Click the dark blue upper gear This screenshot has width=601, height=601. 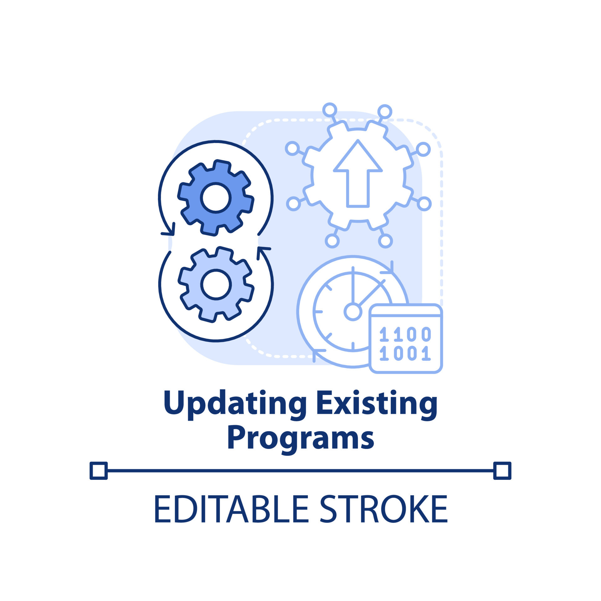(x=216, y=198)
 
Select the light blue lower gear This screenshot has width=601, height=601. (x=216, y=284)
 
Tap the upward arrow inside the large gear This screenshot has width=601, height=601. (x=358, y=173)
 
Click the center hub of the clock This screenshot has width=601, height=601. (x=353, y=312)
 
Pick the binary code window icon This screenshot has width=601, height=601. (x=406, y=338)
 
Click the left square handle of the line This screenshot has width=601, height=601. (x=99, y=470)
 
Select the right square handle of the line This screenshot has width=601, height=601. (x=502, y=470)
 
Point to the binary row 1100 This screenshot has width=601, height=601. (x=405, y=334)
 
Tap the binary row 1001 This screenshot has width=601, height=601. (x=405, y=353)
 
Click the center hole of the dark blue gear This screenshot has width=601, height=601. (x=216, y=198)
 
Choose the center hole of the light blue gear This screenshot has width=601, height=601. (x=216, y=284)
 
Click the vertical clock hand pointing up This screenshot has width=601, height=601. (x=353, y=285)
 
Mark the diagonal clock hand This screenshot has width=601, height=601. (x=372, y=293)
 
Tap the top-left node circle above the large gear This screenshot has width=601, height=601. (x=330, y=110)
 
